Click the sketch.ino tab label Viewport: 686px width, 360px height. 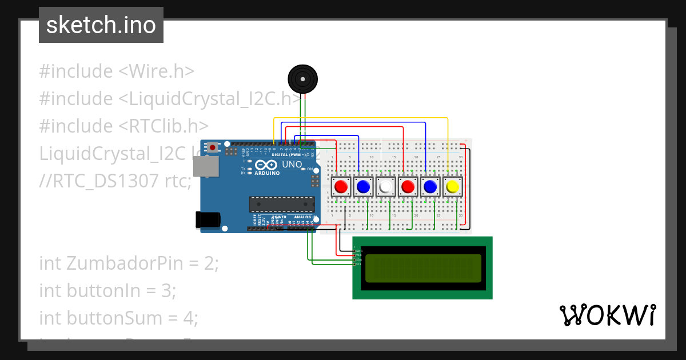(x=101, y=25)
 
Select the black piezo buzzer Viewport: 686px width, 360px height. (x=302, y=78)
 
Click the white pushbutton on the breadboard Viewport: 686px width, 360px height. (x=385, y=187)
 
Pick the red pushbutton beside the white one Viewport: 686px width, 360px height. (x=408, y=187)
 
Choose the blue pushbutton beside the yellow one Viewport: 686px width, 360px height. (x=430, y=187)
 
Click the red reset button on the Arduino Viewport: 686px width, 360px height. (x=213, y=147)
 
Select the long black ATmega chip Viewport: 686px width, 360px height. (x=281, y=204)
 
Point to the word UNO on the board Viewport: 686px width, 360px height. (x=292, y=165)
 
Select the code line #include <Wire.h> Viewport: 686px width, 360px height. (x=117, y=71)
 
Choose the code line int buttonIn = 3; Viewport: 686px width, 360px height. (x=107, y=291)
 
